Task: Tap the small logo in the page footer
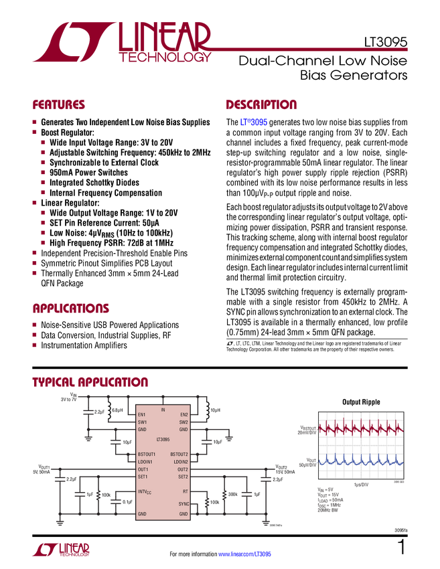coord(60,549)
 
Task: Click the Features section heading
coord(59,105)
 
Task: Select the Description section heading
coord(261,105)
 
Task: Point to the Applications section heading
coord(71,309)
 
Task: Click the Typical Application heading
coord(90,382)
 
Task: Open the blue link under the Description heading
coord(254,123)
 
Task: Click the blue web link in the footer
coord(245,554)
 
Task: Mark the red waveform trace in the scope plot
coord(361,427)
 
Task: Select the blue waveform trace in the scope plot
coord(361,461)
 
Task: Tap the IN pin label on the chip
coord(163,409)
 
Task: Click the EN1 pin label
coord(142,415)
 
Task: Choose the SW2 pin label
coord(184,422)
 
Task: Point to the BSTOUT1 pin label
coord(147,455)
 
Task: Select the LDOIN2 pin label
coord(180,462)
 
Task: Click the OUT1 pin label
coord(143,469)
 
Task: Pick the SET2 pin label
coord(183,477)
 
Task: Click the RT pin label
coord(186,491)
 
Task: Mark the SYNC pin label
coord(184,503)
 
